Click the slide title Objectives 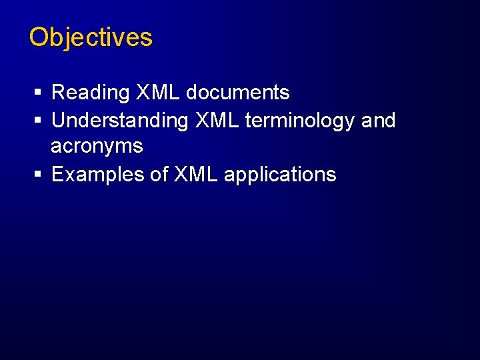[91, 37]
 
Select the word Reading [90, 93]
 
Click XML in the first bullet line [158, 93]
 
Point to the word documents [237, 93]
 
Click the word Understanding [120, 121]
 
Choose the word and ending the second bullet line [378, 121]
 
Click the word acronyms [97, 146]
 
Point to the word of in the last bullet [159, 175]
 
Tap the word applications [280, 175]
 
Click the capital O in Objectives [39, 37]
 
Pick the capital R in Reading [58, 93]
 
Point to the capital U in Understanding [58, 121]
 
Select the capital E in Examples [57, 175]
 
